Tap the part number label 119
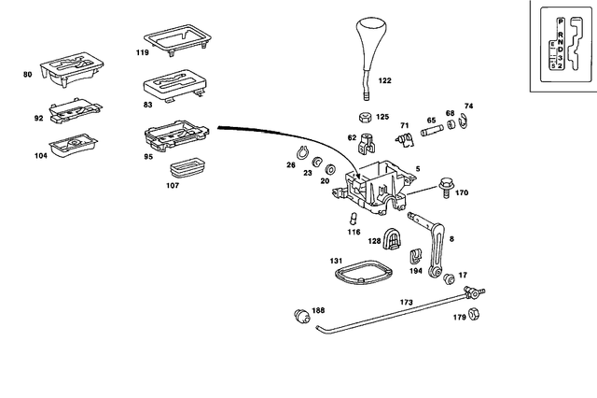[142, 54]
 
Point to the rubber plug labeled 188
[301, 315]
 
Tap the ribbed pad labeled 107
[189, 169]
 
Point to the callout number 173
[406, 303]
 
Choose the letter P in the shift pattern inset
[560, 21]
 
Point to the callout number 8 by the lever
[451, 240]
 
